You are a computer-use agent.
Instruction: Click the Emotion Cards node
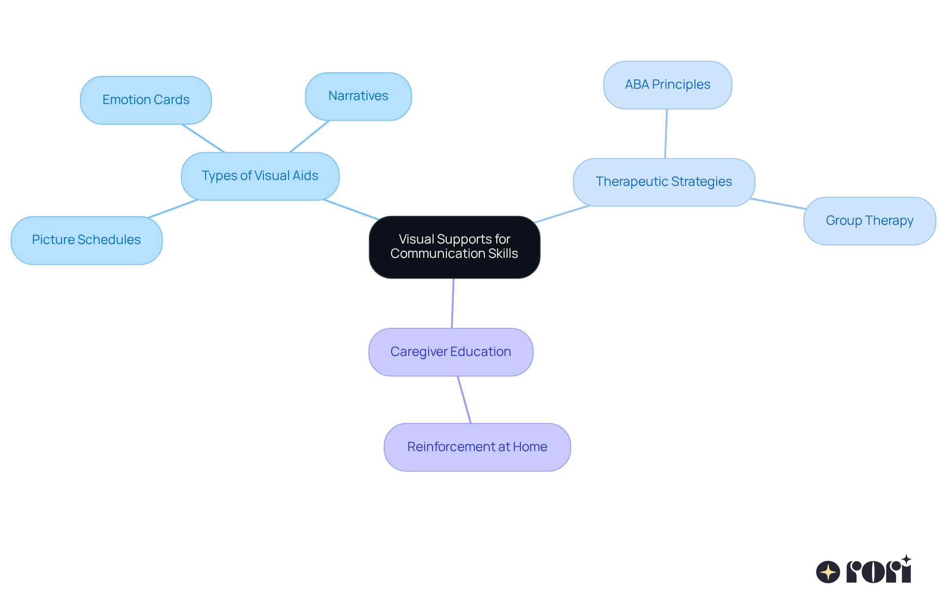pyautogui.click(x=146, y=100)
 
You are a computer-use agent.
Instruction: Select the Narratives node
pyautogui.click(x=358, y=96)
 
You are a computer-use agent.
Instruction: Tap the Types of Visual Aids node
pyautogui.click(x=260, y=176)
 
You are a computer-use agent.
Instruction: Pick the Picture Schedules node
pyautogui.click(x=86, y=240)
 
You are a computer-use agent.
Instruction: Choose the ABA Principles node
pyautogui.click(x=667, y=85)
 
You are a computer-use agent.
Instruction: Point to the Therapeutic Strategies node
pyautogui.click(x=663, y=182)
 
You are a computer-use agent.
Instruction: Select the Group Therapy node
pyautogui.click(x=869, y=221)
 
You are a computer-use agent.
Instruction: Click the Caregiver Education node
pyautogui.click(x=450, y=352)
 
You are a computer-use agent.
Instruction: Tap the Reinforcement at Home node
pyautogui.click(x=477, y=447)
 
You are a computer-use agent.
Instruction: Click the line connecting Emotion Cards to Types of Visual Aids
pyautogui.click(x=203, y=139)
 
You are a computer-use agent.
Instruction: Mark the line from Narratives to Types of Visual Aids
pyautogui.click(x=309, y=137)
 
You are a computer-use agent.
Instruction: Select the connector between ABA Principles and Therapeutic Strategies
pyautogui.click(x=666, y=134)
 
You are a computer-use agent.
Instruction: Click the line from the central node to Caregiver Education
pyautogui.click(x=453, y=303)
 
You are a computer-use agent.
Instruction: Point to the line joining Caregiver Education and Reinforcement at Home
pyautogui.click(x=464, y=400)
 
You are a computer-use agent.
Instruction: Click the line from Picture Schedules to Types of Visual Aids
pyautogui.click(x=173, y=209)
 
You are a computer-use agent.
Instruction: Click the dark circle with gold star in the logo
pyautogui.click(x=828, y=572)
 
